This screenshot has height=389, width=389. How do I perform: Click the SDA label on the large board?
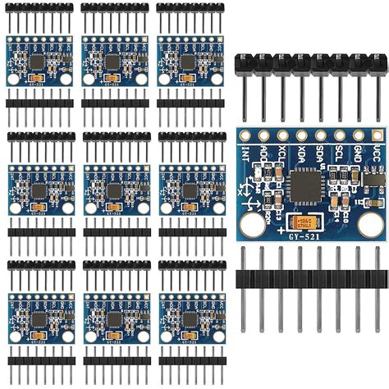(322, 153)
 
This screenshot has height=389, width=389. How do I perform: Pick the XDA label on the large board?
(302, 153)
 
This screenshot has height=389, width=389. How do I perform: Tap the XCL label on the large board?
(283, 153)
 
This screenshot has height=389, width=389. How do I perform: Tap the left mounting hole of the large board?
(251, 222)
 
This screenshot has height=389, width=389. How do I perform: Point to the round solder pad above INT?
(245, 135)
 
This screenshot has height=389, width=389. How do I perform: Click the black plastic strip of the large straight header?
(312, 278)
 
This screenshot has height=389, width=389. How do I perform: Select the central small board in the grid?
(113, 190)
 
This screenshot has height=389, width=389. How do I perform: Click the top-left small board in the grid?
(39, 62)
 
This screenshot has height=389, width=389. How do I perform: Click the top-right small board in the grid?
(188, 62)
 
